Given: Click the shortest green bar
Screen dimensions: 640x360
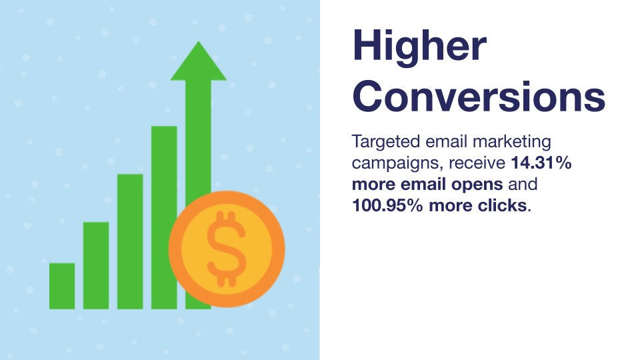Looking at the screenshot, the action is (x=62, y=286).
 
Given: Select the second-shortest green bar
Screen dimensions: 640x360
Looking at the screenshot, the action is (x=96, y=265).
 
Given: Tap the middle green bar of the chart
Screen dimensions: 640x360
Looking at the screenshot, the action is (x=130, y=241).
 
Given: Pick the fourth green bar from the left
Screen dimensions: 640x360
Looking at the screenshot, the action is (x=164, y=217).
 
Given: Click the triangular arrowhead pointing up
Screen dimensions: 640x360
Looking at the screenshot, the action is (x=199, y=61).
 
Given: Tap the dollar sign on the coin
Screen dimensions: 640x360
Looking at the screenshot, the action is (x=227, y=249).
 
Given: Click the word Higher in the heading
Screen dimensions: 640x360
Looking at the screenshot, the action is (x=419, y=47).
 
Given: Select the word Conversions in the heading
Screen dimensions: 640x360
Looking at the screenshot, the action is (x=479, y=97).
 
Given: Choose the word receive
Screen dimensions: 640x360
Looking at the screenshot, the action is (x=477, y=163).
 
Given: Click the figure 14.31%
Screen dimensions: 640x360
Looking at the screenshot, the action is (x=541, y=163).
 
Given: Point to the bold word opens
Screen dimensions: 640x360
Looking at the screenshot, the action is (x=477, y=185).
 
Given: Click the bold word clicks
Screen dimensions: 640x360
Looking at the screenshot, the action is (x=502, y=205).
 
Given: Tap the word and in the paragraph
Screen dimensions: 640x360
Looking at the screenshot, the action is (x=523, y=184).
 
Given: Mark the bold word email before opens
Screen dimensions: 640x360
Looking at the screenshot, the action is (x=423, y=184).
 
